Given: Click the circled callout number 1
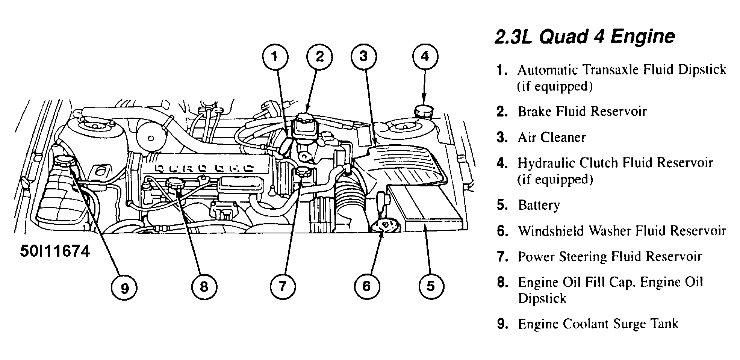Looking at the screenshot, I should (275, 57).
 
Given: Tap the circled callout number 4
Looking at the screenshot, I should (424, 57).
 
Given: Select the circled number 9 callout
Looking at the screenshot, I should (124, 288).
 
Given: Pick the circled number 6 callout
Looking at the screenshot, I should (366, 286).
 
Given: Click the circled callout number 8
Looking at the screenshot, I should (204, 287).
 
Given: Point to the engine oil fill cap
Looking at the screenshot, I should (175, 183).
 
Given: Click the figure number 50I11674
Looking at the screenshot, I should (55, 251).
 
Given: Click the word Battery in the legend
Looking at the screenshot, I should (539, 205).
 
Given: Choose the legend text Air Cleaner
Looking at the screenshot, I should (551, 138).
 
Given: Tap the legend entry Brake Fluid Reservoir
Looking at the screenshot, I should (582, 112).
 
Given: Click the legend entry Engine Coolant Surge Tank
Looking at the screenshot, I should (598, 324).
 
